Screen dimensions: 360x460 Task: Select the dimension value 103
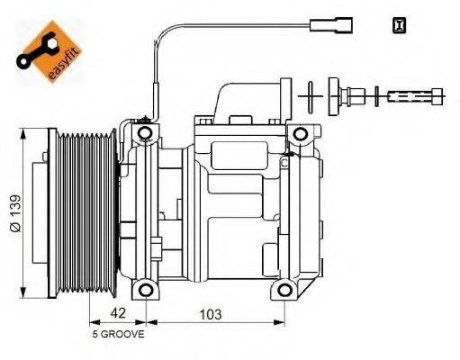tap(210, 315)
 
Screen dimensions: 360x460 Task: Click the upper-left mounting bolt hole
tap(141, 135)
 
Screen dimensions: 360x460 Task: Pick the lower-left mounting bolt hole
tap(141, 290)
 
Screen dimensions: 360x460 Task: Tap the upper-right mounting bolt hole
tap(297, 135)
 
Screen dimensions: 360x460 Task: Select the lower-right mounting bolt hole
tap(285, 290)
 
